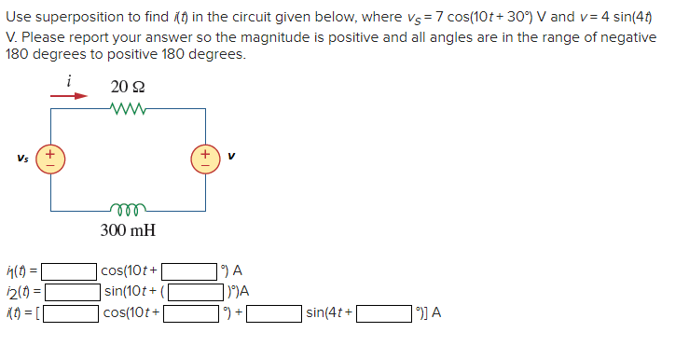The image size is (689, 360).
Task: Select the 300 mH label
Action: tap(127, 228)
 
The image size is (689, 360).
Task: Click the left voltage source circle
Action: tap(50, 156)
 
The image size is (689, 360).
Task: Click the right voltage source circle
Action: tap(204, 156)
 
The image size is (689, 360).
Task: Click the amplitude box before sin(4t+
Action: tap(273, 312)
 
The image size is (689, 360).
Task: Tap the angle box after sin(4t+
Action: tap(383, 312)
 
